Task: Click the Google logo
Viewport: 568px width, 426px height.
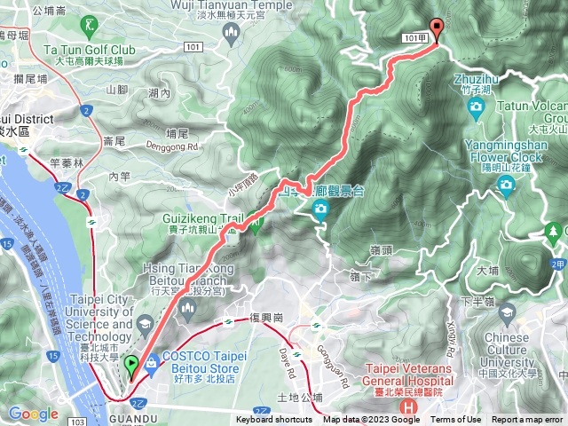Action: click(x=33, y=414)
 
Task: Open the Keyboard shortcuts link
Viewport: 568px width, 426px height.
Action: click(x=274, y=420)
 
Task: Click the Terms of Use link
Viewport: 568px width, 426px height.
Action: click(x=456, y=420)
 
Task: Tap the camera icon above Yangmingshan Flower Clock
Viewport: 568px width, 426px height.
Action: click(x=506, y=185)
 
